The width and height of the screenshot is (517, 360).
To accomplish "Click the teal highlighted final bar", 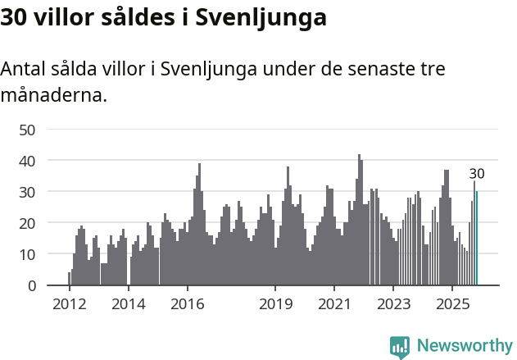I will coord(476,239).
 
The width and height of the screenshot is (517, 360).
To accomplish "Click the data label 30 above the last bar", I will coord(477,174).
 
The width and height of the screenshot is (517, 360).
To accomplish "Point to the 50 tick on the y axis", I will coord(27,130).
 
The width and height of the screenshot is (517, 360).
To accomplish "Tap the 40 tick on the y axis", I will coord(27,161).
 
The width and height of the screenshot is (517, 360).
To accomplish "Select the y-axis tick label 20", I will coord(27,223).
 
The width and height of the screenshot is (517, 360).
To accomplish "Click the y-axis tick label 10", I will coord(27,254).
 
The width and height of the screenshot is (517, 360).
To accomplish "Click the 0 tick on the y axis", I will coord(31,285).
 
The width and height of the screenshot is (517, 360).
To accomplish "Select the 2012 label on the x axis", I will coord(69,304).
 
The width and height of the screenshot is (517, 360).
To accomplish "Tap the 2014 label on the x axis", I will coord(128,304).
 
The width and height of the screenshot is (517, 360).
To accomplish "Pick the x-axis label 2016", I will coord(187,304).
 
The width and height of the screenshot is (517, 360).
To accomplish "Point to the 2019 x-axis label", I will coord(275,304).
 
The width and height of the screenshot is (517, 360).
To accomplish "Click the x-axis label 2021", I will coord(334,304).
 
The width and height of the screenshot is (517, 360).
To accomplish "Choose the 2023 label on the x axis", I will coord(393,304).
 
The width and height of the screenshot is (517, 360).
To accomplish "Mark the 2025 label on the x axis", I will coord(452,304).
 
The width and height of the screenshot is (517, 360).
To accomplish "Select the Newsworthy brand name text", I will coord(465,346).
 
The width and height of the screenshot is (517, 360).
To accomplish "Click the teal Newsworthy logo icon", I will coord(400,347).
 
